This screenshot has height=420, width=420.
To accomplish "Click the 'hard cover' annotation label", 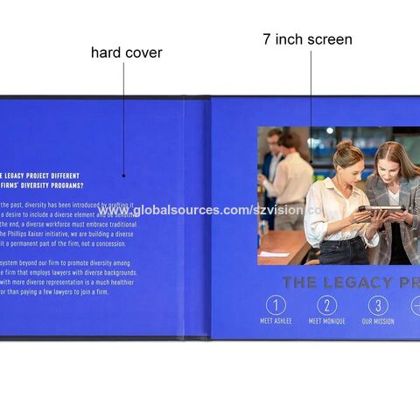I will click(x=126, y=52).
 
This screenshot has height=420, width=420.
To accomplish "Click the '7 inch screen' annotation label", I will click(x=307, y=39).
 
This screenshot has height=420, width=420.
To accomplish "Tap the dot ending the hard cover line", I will click(x=123, y=174).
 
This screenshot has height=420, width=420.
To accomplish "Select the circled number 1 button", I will click(x=276, y=305).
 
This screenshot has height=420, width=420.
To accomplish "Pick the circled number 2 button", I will click(x=327, y=305).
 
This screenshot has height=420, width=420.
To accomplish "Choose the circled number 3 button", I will click(x=378, y=305).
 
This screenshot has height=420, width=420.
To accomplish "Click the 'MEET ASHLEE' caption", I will click(x=276, y=321).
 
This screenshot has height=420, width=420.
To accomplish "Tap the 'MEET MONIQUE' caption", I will click(x=327, y=321).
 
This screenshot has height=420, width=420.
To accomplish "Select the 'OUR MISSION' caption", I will click(x=378, y=321).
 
